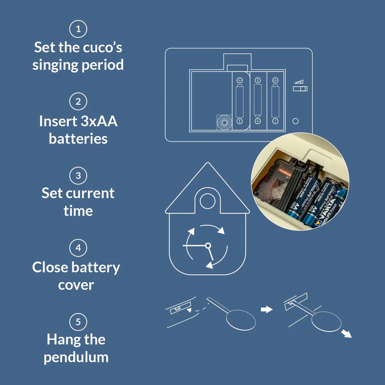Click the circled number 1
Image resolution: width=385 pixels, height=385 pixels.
(x=78, y=29)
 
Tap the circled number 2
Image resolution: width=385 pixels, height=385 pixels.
(x=78, y=101)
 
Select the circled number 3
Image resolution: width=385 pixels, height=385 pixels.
(x=78, y=175)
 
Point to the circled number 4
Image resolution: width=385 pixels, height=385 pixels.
(x=78, y=248)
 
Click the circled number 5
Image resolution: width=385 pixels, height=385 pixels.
(x=78, y=322)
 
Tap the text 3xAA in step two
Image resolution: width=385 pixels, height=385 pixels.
(x=99, y=121)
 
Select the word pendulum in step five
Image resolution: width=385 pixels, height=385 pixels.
(x=76, y=358)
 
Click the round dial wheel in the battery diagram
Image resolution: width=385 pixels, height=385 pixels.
(x=224, y=122)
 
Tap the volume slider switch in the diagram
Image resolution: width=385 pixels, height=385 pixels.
(x=300, y=89)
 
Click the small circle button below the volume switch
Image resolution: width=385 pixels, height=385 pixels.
(x=295, y=121)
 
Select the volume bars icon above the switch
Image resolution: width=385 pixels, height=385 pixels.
(x=299, y=82)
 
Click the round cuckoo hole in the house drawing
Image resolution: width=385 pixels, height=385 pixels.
(x=208, y=201)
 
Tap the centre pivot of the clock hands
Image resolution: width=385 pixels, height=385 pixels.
(x=208, y=245)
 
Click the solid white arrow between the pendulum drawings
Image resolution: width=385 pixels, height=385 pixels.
(x=267, y=309)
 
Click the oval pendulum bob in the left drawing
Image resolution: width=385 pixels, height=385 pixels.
(x=241, y=320)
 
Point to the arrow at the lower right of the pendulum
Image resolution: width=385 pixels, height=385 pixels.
(x=346, y=334)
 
